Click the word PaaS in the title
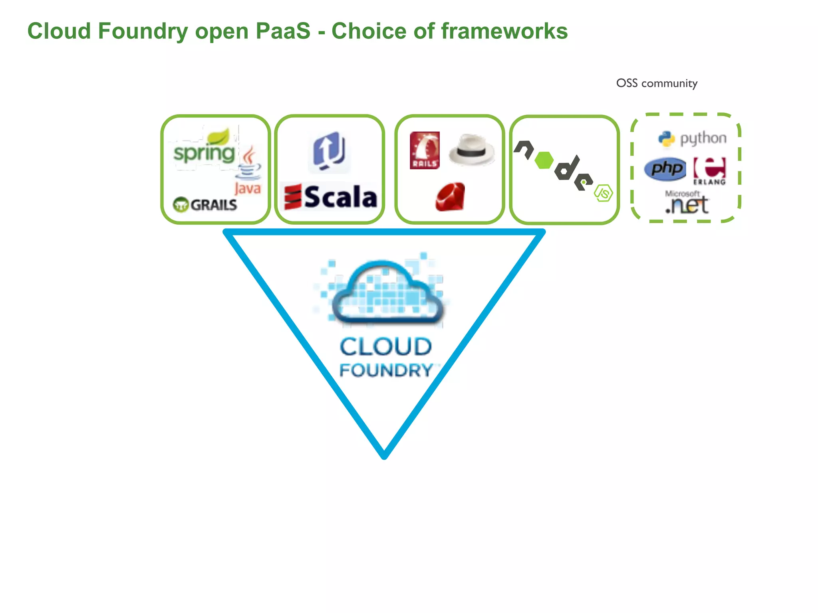pyautogui.click(x=282, y=31)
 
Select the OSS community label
pyautogui.click(x=657, y=83)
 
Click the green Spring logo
pyautogui.click(x=204, y=150)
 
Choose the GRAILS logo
pyautogui.click(x=205, y=205)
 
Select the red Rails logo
pyautogui.click(x=425, y=150)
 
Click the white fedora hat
pyautogui.click(x=472, y=150)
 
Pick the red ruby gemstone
pyautogui.click(x=451, y=197)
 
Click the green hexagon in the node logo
pyautogui.click(x=544, y=160)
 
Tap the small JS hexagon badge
pyautogui.click(x=604, y=193)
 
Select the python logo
pyautogui.click(x=692, y=138)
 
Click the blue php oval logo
pyautogui.click(x=665, y=169)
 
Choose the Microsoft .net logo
pyautogui.click(x=687, y=203)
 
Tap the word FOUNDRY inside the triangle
pyautogui.click(x=386, y=370)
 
